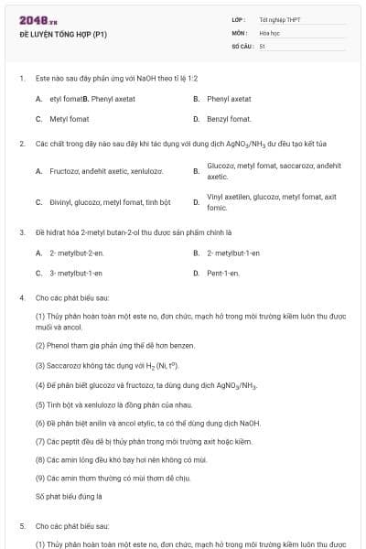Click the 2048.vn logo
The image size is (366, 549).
coord(32,20)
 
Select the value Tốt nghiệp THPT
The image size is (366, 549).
coord(279,19)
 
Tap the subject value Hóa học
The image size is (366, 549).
coord(268,32)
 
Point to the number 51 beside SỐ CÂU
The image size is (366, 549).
coord(262,45)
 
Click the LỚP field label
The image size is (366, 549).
coord(238,19)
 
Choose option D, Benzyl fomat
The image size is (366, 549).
coord(229,119)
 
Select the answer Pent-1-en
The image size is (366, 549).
coord(223,273)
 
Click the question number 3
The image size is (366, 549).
coord(21,232)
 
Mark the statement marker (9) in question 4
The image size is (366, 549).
coord(40,478)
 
